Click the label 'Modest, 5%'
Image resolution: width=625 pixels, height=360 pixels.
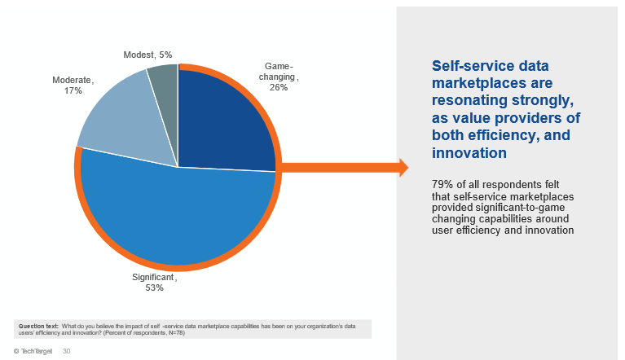click(147, 55)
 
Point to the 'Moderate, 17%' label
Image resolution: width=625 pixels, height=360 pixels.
click(73, 86)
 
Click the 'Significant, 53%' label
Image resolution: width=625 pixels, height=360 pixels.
click(154, 282)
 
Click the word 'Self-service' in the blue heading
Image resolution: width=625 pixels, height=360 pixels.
click(469, 65)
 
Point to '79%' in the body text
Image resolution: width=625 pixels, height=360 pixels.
click(443, 185)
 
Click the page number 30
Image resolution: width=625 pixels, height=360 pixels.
click(67, 351)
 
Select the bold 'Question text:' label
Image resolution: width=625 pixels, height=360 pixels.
click(38, 326)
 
